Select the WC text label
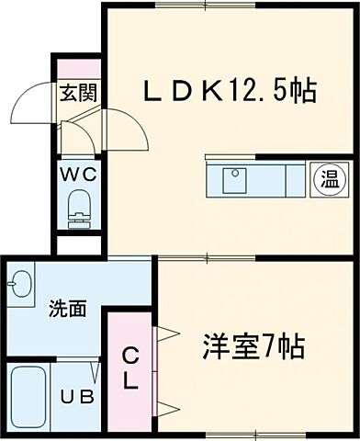coord(76,172)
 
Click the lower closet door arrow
coord(163,406)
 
